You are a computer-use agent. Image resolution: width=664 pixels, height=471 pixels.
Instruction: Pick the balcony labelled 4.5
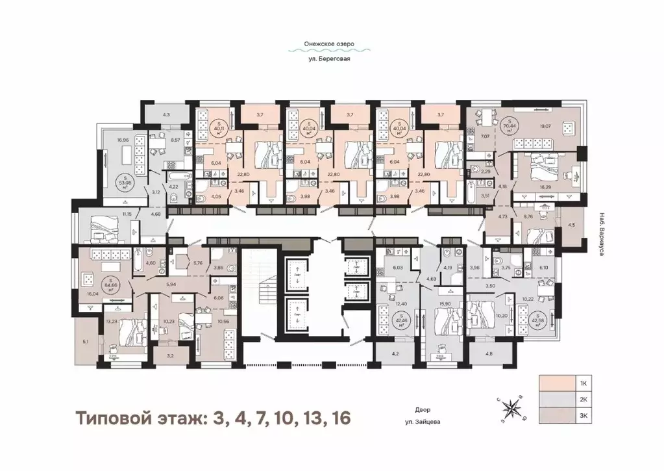click(x=572, y=226)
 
